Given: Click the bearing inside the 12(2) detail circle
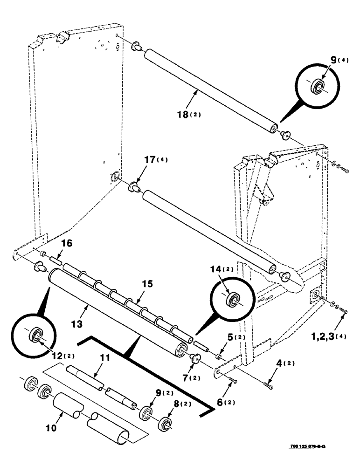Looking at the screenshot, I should point(36,336).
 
